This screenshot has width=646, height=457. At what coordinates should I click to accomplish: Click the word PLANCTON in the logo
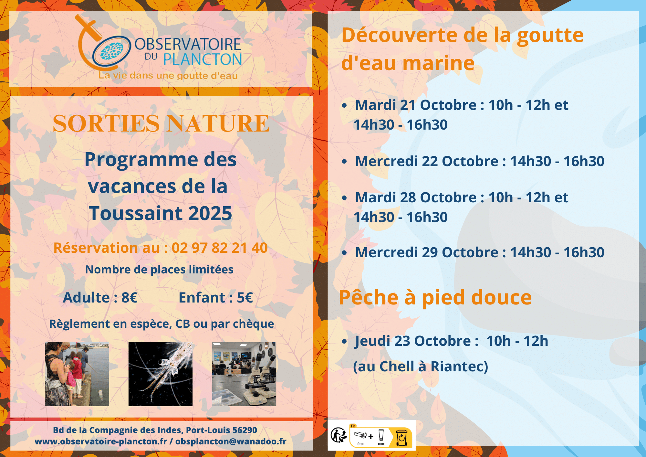(203, 59)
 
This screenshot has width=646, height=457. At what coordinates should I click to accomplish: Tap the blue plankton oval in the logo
(112, 51)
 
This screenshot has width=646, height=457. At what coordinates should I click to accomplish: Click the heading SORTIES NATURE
(161, 123)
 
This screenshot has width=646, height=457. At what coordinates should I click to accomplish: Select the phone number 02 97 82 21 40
(220, 248)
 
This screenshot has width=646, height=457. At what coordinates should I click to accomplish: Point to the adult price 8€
(130, 298)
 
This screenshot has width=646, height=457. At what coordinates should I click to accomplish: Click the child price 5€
(245, 298)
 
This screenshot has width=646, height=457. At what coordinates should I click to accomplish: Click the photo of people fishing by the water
(77, 374)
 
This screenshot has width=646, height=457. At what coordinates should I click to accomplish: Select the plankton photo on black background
(161, 374)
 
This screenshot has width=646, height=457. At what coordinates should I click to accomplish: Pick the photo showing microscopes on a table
(244, 374)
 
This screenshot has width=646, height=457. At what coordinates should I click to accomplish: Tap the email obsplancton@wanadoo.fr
(231, 441)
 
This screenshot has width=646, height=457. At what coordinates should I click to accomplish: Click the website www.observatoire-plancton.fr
(101, 441)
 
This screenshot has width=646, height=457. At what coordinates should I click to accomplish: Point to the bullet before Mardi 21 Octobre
(344, 105)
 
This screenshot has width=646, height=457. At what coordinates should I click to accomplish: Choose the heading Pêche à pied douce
(435, 298)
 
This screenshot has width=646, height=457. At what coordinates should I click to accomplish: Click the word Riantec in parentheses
(459, 367)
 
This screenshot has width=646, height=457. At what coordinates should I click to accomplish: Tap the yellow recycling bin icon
(401, 437)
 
